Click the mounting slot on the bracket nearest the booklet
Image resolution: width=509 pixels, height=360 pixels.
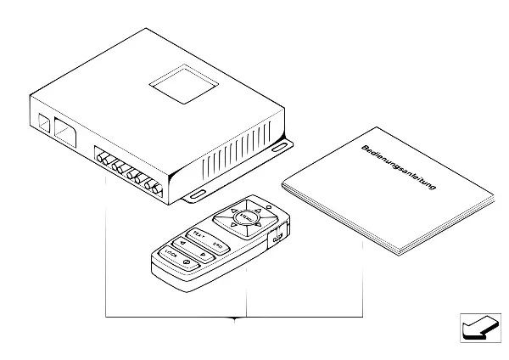click(279, 148)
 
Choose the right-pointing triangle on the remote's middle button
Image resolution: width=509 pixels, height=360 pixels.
click(204, 252)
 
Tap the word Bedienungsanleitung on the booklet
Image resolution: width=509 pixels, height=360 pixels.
click(399, 171)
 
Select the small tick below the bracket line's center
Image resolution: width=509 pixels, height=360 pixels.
click(235, 320)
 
